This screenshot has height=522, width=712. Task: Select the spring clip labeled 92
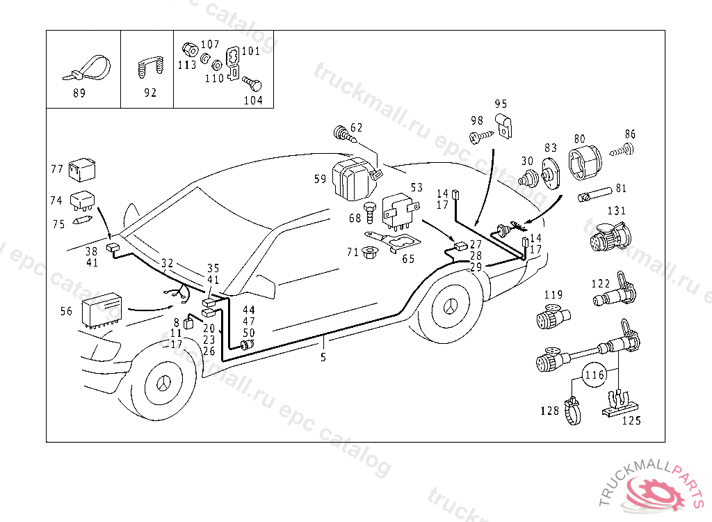[x=149, y=68]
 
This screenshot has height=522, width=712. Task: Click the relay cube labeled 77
[x=83, y=169]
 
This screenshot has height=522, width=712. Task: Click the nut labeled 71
[x=369, y=252]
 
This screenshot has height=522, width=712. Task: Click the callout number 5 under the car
[x=323, y=358]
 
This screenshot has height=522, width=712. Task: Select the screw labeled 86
[x=624, y=149]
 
